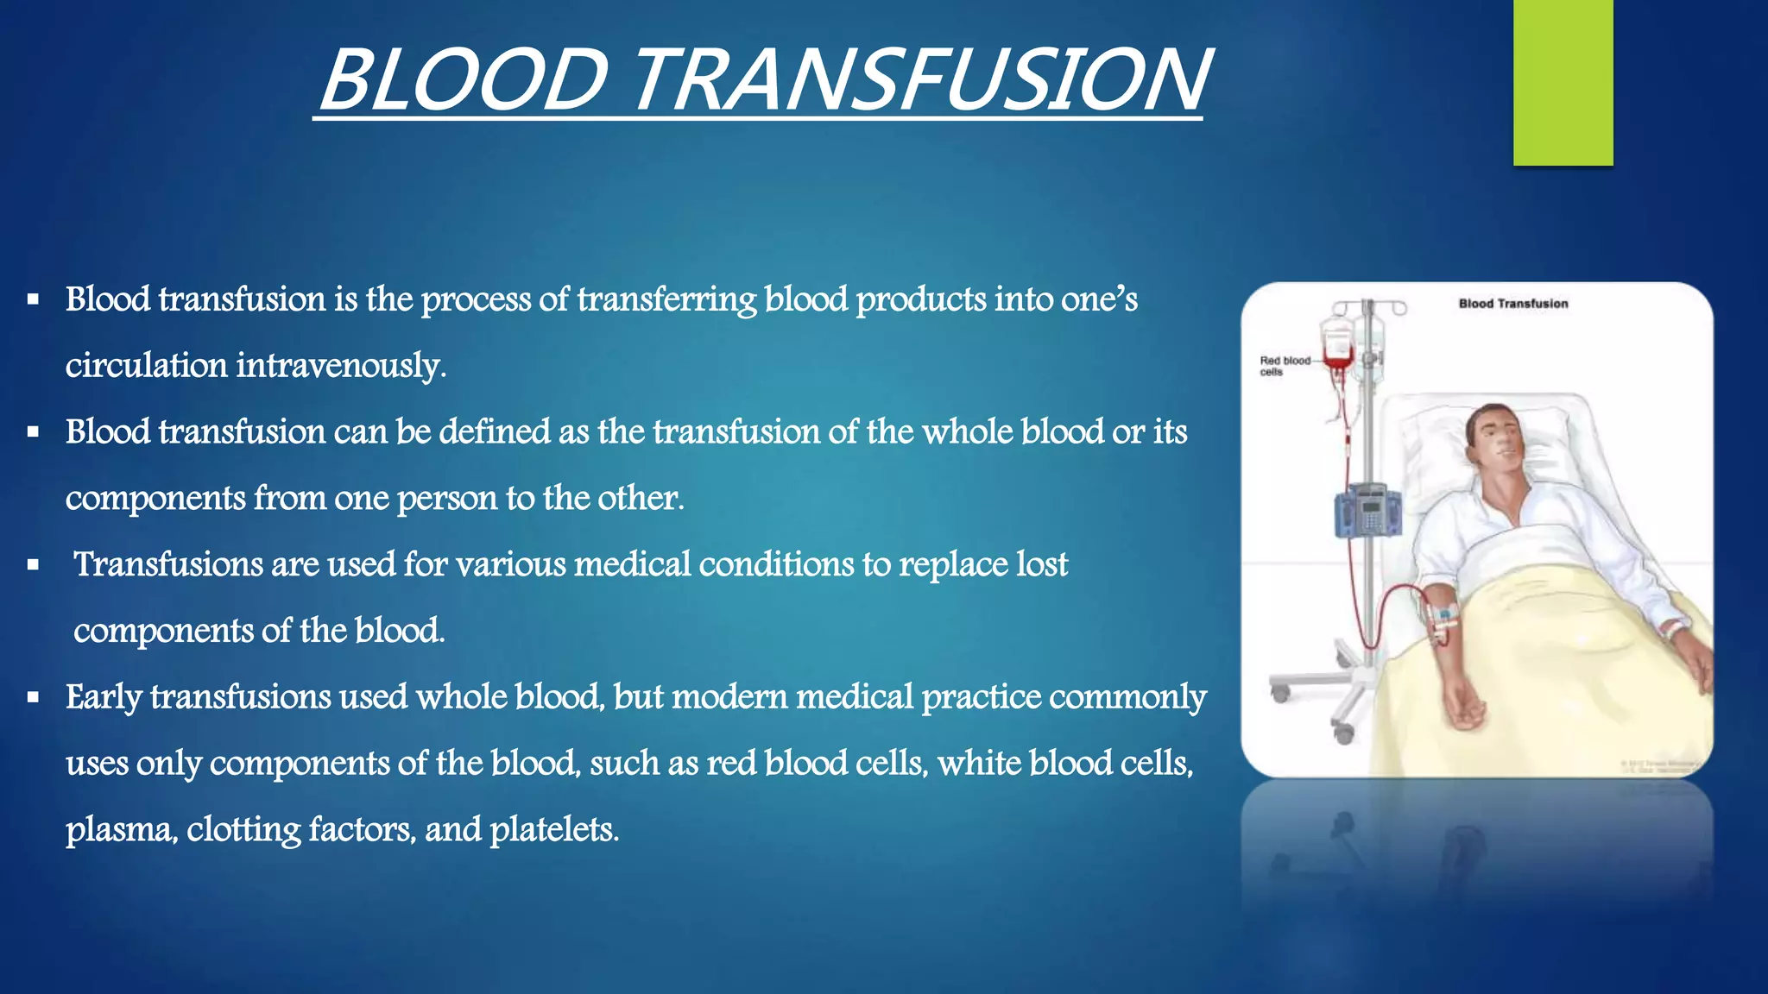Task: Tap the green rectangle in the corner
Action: coord(1563,82)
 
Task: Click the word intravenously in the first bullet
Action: coord(340,366)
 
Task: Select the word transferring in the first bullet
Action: coord(666,299)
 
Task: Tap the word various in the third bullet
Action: coord(511,564)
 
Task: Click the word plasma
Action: coord(122,830)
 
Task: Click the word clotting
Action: coord(243,830)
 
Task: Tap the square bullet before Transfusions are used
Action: coord(33,566)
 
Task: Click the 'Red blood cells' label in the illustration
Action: coord(1284,366)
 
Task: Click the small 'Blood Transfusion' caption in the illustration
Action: coord(1512,304)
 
